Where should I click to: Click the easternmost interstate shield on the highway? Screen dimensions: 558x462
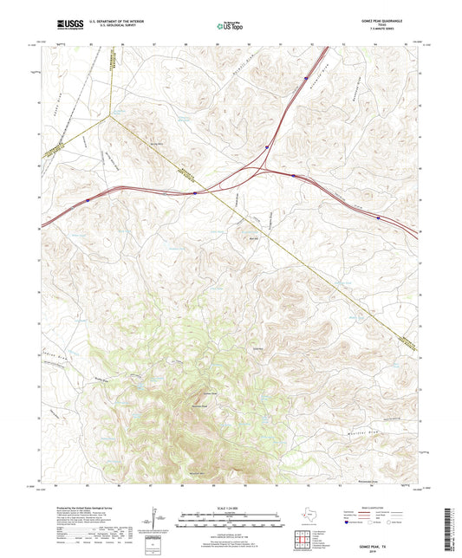pos(378,218)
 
